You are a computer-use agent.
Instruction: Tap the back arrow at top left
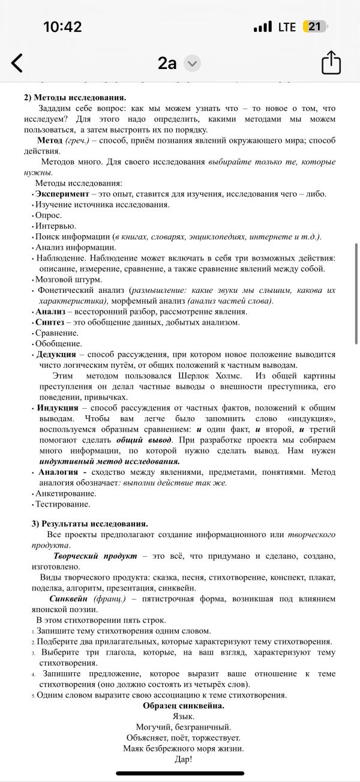point(17,62)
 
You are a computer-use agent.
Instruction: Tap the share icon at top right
point(331,62)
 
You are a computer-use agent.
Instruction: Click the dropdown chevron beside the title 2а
point(192,63)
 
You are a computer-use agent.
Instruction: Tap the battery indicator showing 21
point(314,26)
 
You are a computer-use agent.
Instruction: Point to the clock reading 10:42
point(62,26)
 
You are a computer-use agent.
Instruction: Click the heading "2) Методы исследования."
point(75,97)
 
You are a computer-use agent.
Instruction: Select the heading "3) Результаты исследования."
point(89,524)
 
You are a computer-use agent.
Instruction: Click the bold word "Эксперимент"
point(62,194)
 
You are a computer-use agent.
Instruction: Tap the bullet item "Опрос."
point(49,215)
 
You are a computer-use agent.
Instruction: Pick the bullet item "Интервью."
point(55,226)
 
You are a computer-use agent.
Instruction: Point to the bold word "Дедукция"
point(56,355)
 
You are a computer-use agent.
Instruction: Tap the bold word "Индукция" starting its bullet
point(57,408)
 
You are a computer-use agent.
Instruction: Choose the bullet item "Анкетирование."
point(66,493)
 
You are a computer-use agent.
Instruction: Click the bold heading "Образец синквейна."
point(183,706)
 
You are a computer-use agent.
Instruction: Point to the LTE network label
point(287,27)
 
